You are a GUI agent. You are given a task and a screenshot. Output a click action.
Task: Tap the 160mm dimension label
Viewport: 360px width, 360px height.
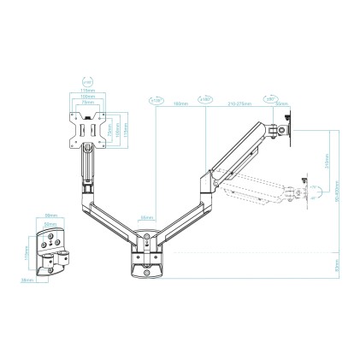point(180,104)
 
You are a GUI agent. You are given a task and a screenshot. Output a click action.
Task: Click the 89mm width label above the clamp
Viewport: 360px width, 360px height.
point(50,215)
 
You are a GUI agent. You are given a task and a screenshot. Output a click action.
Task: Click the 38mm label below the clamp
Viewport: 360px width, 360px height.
point(26,280)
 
